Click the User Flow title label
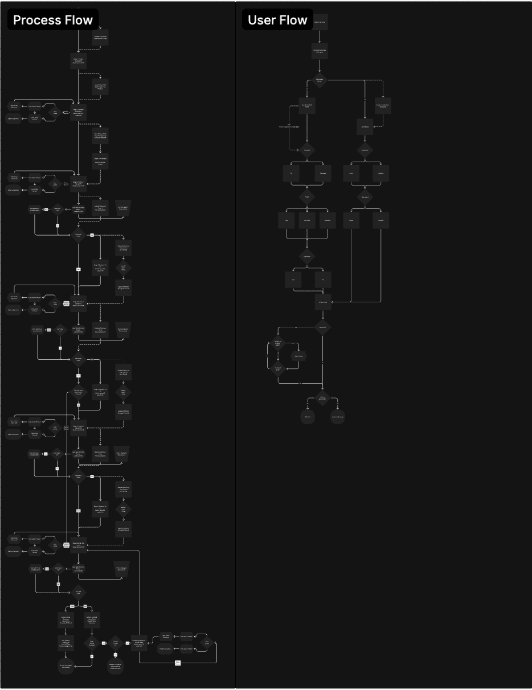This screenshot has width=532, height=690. coord(277,20)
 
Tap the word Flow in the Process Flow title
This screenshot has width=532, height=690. coord(79,20)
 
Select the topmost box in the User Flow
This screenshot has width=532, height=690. coord(320,22)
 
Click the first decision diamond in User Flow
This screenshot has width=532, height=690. coord(320,80)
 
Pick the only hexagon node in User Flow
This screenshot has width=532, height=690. coord(299,356)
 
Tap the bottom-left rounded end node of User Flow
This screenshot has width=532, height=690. coord(308,417)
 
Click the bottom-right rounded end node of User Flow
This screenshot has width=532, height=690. coord(338,417)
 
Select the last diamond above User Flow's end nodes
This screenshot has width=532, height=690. coord(323,398)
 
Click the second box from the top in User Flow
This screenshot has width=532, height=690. coord(320,51)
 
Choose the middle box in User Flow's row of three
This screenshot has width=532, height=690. coord(307,220)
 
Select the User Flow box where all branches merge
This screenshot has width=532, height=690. coord(323,302)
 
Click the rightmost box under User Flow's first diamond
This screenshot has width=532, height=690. coord(382,105)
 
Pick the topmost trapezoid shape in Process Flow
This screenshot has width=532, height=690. coord(123,208)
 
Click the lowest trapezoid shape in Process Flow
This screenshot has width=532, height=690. coord(121,568)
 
